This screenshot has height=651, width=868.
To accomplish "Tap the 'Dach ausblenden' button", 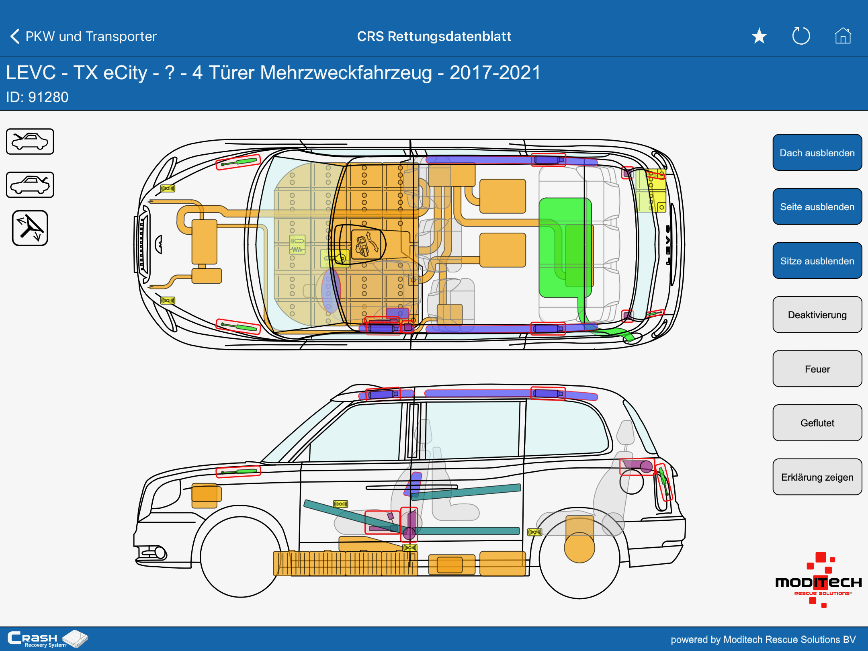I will click(817, 153).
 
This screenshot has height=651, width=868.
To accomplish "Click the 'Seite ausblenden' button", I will click(817, 207).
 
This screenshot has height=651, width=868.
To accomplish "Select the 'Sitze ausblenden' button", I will click(817, 261).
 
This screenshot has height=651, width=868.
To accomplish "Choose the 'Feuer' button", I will click(817, 369).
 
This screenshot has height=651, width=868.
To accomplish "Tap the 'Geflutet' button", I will click(817, 423).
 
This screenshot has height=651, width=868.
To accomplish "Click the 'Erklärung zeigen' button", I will click(817, 477).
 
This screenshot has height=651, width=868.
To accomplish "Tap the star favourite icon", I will click(759, 36).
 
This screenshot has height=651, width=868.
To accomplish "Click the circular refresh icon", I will click(801, 36).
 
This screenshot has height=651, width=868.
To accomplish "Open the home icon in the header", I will click(843, 36).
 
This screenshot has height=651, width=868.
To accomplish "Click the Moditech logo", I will click(818, 581).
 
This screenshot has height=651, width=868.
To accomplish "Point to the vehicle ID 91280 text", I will click(37, 97).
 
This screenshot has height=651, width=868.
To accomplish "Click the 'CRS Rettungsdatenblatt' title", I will click(434, 36).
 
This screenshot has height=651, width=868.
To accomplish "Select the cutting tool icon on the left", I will click(30, 228).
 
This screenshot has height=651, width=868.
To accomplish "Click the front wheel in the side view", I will click(240, 557).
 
